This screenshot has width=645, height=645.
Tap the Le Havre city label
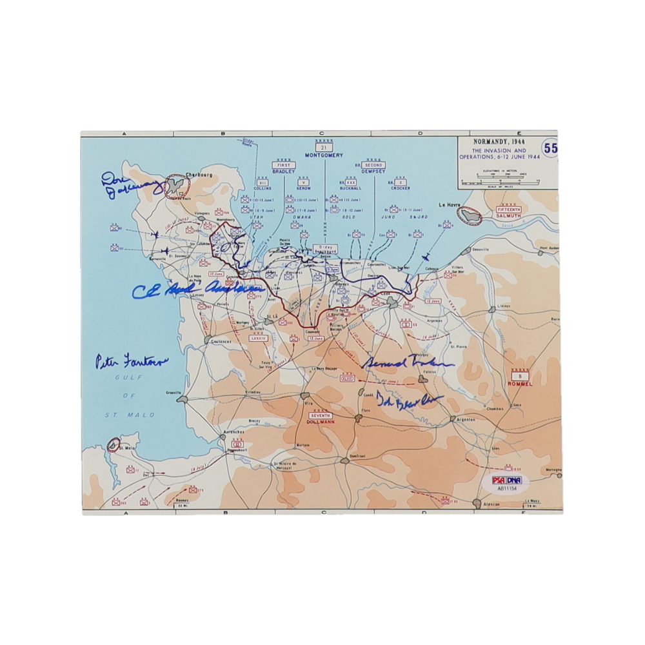click(451, 204)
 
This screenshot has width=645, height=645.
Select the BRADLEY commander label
click(283, 173)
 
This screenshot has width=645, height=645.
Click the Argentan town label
click(466, 419)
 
